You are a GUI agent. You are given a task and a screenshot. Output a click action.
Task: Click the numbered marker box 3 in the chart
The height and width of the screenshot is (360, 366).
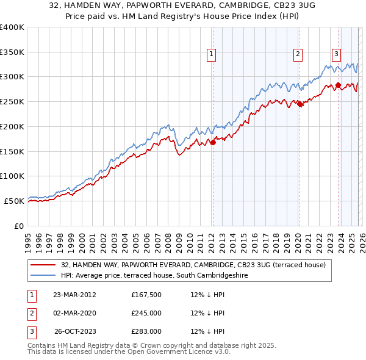click(x=336, y=54)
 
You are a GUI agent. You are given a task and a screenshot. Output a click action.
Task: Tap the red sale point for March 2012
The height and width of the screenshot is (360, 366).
click(x=213, y=143)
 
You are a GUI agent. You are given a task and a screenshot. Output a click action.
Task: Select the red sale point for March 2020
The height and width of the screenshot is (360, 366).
click(x=300, y=104)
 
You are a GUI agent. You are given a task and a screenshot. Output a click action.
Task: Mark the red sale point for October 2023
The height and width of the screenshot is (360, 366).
click(x=339, y=85)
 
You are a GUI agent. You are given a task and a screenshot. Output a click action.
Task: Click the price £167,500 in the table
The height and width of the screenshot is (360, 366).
click(x=146, y=295)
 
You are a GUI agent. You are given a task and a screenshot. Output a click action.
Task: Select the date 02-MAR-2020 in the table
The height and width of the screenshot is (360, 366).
click(x=75, y=313)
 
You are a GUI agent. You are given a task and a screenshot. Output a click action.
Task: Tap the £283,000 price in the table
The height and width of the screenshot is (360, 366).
click(x=146, y=331)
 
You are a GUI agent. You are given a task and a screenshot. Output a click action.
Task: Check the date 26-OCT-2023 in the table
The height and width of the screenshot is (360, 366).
click(x=75, y=331)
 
